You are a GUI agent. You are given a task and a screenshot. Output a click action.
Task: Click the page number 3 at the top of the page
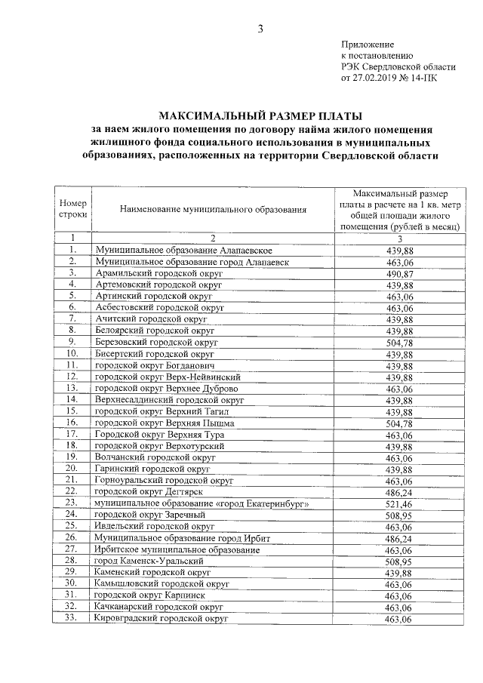pos(259,29)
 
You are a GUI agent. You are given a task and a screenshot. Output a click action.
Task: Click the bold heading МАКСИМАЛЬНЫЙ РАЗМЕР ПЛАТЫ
pos(260,116)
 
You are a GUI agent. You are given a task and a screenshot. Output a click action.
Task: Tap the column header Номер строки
pos(73,208)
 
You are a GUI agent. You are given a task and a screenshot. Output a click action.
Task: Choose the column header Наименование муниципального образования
pos(213,209)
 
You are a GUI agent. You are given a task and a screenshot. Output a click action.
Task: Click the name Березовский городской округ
pos(157,342)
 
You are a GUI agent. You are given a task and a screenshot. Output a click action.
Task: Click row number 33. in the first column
pos(72,619)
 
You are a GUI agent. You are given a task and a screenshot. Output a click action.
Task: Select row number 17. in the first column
pos(72,435)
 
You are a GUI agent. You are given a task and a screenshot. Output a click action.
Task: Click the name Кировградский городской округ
pos(160,619)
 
